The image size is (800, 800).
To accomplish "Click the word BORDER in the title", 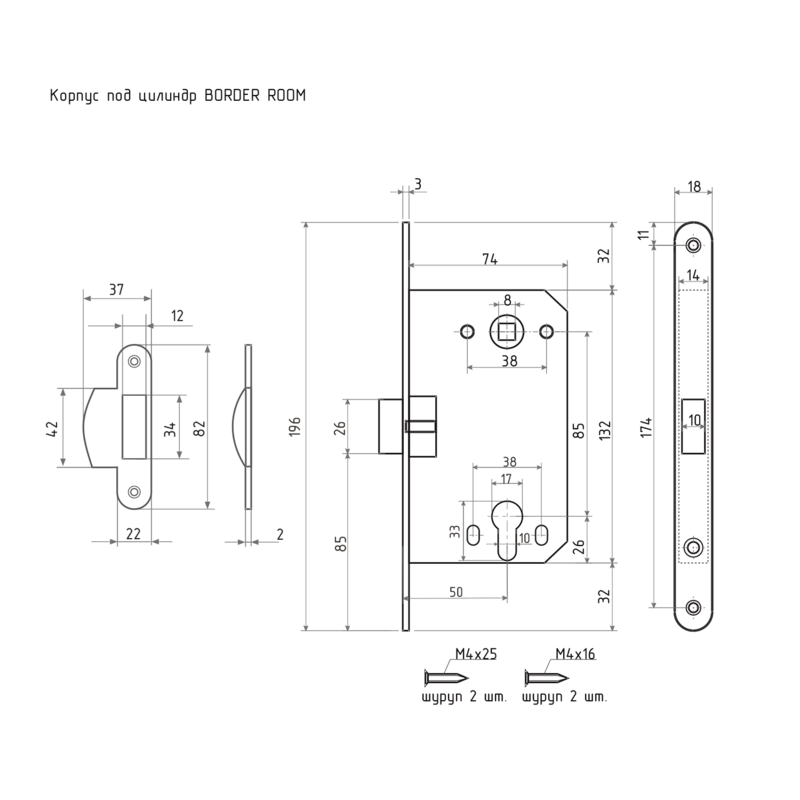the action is (x=232, y=95).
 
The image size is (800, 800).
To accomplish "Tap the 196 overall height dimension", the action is (x=295, y=426).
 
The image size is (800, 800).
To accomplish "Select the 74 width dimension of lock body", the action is (x=489, y=259).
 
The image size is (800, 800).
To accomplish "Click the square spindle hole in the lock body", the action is (x=507, y=332).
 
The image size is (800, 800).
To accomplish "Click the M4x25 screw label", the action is (x=476, y=654).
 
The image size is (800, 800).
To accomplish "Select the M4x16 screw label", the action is (x=575, y=654).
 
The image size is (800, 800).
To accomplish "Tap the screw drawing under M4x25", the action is (x=446, y=678).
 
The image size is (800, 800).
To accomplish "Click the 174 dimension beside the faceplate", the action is (x=646, y=427).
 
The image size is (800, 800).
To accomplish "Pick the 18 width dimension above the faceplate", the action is (x=694, y=187).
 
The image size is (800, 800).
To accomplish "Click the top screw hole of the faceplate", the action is (x=693, y=245).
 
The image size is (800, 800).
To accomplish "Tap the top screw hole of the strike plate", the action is (x=134, y=361).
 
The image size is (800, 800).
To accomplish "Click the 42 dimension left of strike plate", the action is (x=53, y=428).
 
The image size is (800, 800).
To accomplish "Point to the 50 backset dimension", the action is (x=456, y=592).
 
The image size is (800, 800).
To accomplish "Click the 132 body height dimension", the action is (x=604, y=431).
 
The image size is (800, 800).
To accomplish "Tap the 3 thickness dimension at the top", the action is (x=418, y=184).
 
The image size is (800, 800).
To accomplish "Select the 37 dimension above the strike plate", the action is (x=116, y=290).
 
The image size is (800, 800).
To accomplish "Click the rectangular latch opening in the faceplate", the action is (x=694, y=426).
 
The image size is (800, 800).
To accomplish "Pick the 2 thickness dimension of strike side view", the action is (x=280, y=534).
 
